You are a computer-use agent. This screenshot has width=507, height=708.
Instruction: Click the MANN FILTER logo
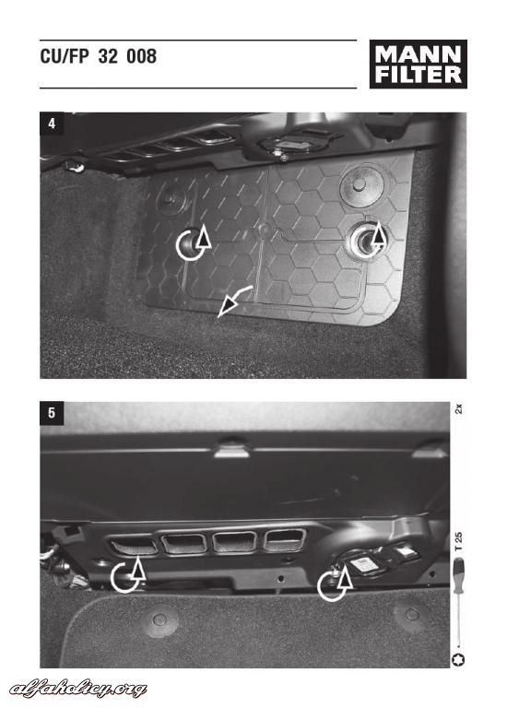coord(419,65)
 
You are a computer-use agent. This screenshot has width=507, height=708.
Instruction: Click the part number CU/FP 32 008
coord(99,56)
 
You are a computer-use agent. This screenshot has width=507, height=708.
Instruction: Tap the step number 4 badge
coord(52,124)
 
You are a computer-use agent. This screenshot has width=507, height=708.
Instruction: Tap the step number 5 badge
coord(52,413)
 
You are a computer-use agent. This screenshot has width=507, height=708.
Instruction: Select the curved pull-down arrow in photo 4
coord(234,301)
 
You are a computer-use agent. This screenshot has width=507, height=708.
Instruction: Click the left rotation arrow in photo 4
coord(194,242)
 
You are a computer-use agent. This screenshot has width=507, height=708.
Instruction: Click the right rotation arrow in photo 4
coord(368,240)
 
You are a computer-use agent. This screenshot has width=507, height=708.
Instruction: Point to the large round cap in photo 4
coord(361,186)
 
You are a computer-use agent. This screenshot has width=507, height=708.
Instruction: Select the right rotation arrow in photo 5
coord(335,584)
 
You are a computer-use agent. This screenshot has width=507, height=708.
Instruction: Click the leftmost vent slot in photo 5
coord(134,545)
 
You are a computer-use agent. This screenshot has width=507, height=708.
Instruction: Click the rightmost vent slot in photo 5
coord(284,539)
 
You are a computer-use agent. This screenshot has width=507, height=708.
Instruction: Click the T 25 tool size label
coord(459,541)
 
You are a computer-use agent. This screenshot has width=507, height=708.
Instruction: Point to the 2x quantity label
coord(459,409)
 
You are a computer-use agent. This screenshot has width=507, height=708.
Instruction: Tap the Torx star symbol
coord(458,659)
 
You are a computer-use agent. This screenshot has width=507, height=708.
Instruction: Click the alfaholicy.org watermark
coord(78,689)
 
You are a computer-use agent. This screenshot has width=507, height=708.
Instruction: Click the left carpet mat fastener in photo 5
coord(159,619)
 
